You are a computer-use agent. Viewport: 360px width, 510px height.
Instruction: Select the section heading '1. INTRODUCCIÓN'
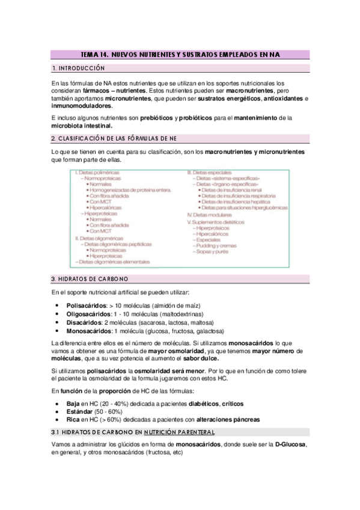79,68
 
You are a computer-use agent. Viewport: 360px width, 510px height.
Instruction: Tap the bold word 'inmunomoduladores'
82,106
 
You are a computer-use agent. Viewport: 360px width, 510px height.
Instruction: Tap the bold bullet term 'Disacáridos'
84,322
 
